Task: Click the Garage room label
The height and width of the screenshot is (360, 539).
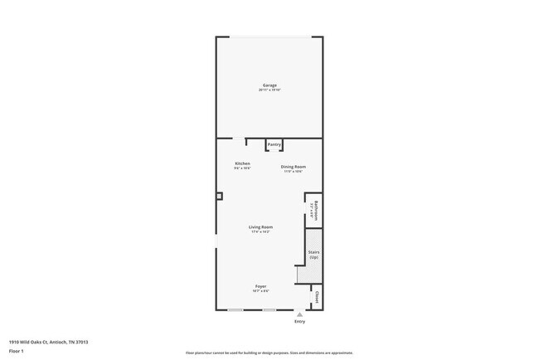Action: pyautogui.click(x=269, y=85)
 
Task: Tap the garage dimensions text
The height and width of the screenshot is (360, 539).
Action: pyautogui.click(x=269, y=90)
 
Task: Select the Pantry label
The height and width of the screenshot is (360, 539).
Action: pyautogui.click(x=274, y=145)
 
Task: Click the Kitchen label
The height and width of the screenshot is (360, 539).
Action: pyautogui.click(x=242, y=163)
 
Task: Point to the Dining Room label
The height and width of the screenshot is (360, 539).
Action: pyautogui.click(x=294, y=167)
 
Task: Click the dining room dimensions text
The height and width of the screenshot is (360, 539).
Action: pyautogui.click(x=294, y=172)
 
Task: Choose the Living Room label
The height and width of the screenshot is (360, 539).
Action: pyautogui.click(x=261, y=226)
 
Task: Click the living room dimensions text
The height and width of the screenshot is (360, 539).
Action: pyautogui.click(x=261, y=231)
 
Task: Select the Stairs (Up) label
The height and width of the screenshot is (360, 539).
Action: pyautogui.click(x=314, y=254)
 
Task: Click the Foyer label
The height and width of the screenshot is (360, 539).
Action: pyautogui.click(x=260, y=286)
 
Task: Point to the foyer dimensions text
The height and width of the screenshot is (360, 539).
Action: pyautogui.click(x=260, y=291)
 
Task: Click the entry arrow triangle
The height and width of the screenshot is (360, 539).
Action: pyautogui.click(x=299, y=315)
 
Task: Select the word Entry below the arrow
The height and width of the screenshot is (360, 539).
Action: pyautogui.click(x=299, y=322)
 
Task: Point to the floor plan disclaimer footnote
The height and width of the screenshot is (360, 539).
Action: pyautogui.click(x=269, y=353)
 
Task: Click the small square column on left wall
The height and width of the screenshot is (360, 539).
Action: pyautogui.click(x=220, y=197)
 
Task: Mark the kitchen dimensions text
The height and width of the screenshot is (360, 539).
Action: pyautogui.click(x=242, y=168)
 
